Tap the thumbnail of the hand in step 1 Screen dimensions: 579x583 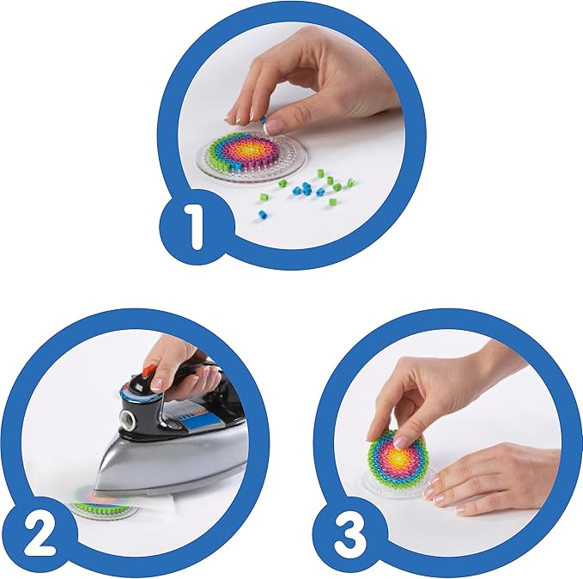tap(274, 125)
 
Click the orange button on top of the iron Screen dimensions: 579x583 tap(149, 371)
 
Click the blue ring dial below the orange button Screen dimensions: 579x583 tap(143, 396)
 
